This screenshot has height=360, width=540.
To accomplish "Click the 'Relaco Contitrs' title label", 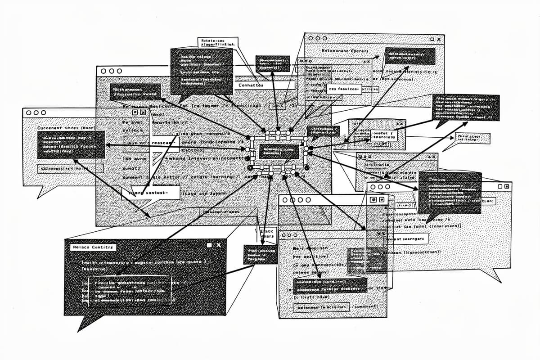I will coord(94,247).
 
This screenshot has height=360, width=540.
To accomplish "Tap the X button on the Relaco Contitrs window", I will coord(219,245).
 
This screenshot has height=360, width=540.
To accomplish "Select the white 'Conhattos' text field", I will coord(265,85).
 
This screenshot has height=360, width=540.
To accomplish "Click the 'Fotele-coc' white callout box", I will coord(217,43).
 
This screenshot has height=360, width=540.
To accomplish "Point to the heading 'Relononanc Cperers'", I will coord(345,51).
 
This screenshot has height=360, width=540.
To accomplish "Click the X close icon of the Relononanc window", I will coord(440,40).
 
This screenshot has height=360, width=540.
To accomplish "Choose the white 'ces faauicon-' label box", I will coord(344,89).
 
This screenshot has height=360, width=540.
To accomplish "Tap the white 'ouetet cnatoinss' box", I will coord(383,135).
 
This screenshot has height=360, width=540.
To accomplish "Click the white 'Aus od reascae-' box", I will coord(151,143).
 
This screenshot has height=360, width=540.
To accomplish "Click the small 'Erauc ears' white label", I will coord(267,234).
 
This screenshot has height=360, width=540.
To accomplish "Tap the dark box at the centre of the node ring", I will coord(279,152).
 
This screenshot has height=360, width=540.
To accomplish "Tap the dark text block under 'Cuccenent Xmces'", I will coord(71,144).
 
